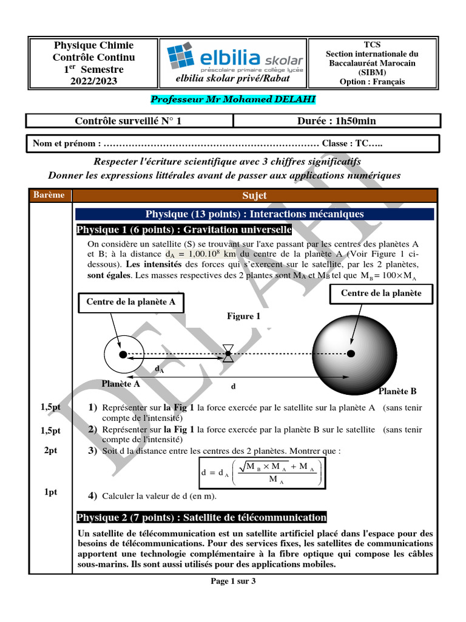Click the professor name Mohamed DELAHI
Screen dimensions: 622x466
pos(233,99)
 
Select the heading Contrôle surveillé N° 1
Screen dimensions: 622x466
pos(128,121)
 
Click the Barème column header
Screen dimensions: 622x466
pos(50,195)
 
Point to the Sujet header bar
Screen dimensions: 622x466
pos(254,196)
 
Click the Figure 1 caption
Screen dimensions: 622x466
pos(243,316)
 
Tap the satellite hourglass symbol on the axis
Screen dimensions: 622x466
pos(228,354)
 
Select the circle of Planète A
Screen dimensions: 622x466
pos(123,354)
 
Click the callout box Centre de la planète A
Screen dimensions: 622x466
pos(132,302)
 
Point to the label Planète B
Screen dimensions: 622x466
pos(397,391)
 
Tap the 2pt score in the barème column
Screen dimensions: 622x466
pos(51,451)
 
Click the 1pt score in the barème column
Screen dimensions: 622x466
pos(51,492)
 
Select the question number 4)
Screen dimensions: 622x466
pos(93,496)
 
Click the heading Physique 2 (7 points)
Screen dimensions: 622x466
pos(201,518)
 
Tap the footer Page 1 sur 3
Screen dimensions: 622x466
pos(233,581)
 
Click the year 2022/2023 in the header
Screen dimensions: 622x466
pos(94,81)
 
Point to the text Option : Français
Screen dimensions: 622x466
pos(372,82)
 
